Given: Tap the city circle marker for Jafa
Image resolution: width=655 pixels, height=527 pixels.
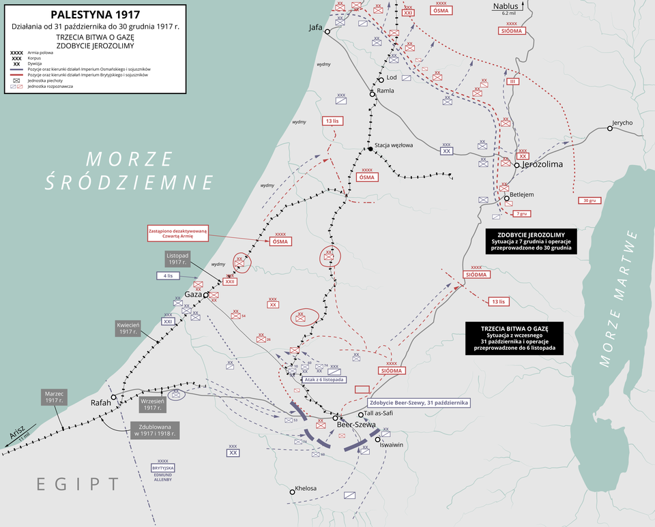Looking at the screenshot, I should click(327, 32).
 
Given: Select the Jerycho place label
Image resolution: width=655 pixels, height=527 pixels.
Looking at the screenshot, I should click(622, 123).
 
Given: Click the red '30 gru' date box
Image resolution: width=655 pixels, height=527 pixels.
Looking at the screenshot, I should click(590, 200).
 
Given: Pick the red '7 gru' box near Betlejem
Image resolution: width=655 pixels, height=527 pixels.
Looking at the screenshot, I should click(522, 213).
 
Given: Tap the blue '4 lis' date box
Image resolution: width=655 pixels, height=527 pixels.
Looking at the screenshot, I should click(168, 276).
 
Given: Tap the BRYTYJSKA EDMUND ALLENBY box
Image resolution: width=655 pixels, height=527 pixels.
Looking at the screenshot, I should click(163, 474).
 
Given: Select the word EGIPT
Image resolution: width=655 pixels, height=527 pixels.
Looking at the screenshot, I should click(78, 484).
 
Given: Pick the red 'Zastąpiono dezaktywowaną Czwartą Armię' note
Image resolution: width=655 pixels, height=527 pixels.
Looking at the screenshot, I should click(177, 233).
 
